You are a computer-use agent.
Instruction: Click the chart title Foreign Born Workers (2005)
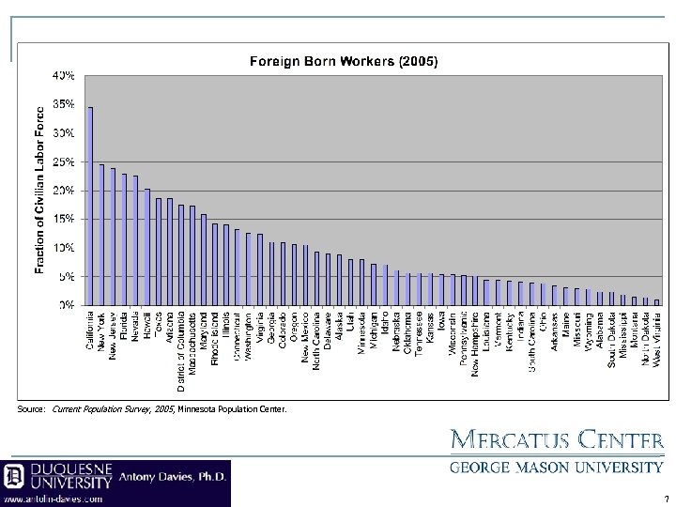pos(343,61)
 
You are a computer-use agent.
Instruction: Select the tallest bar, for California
pos(90,207)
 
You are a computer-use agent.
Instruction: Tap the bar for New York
pos(101,235)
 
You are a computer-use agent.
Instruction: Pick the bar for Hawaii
pos(146,247)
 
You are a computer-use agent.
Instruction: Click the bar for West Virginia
pos(657,302)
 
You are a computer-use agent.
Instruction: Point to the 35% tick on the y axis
pos(65,104)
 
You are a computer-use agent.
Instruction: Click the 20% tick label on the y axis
pos(65,191)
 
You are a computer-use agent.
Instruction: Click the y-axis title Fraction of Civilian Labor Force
pos(40,188)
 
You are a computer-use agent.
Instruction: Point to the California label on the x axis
pos(90,331)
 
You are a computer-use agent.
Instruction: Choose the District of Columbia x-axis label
pos(180,350)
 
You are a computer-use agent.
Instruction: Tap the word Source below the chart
pos(31,409)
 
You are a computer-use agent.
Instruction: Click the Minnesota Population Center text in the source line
pos(232,409)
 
